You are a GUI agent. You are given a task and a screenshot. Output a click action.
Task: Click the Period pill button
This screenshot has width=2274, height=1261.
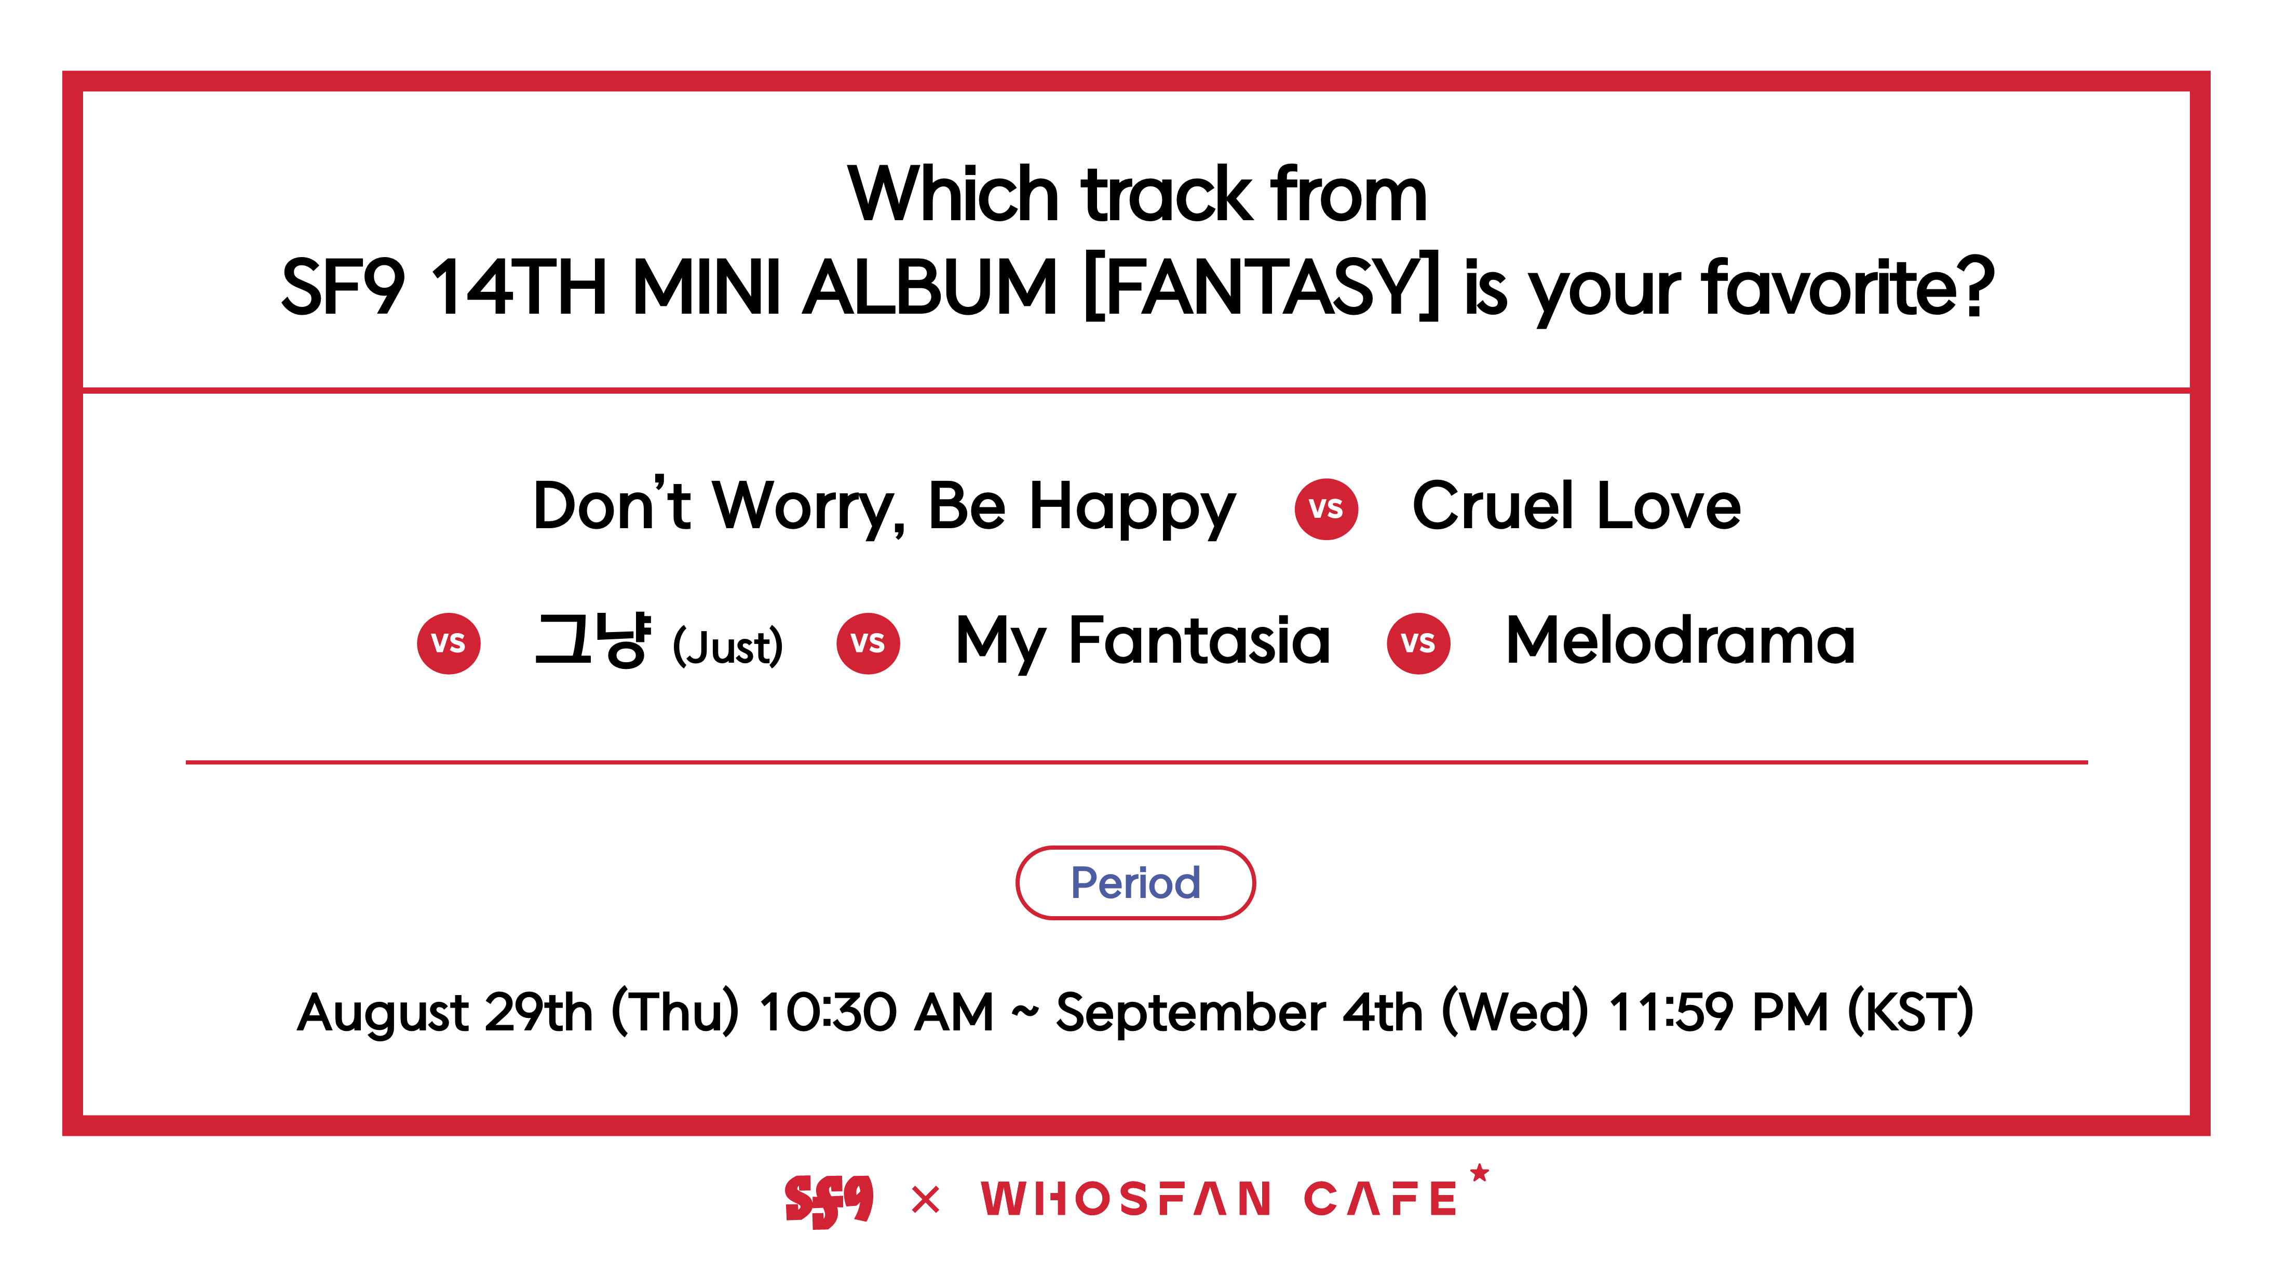coord(1135,882)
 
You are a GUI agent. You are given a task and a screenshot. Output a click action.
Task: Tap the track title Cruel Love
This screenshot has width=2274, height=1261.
coord(1577,506)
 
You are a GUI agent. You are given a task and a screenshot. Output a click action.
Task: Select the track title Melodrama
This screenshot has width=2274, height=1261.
coord(1681,640)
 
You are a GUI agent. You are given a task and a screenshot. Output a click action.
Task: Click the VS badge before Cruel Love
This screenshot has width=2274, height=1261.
coord(1326,508)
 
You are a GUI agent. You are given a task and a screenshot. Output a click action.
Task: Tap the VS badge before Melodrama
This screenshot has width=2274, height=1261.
coord(1418,643)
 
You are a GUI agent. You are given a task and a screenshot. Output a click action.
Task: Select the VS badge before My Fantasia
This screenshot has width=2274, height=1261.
coord(868,643)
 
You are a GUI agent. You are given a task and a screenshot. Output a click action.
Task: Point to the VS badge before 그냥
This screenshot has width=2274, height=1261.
coord(449,643)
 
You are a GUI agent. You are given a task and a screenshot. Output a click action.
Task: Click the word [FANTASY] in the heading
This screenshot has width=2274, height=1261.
coord(1262,287)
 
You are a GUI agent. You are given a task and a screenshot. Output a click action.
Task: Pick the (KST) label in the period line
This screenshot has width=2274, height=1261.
coord(1910,1012)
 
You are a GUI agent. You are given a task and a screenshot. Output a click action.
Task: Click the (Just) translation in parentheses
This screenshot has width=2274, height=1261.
coord(727,647)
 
